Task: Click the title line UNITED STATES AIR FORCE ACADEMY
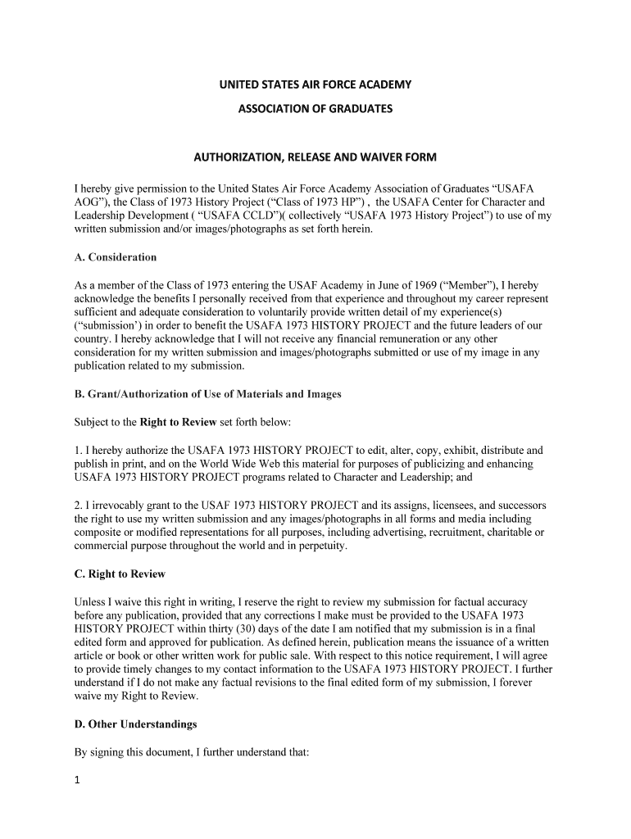(315, 84)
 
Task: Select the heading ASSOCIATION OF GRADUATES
(315, 108)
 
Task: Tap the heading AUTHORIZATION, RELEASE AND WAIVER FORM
(315, 156)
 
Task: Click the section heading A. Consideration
(115, 257)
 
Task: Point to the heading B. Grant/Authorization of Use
(207, 394)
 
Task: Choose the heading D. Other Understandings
(135, 725)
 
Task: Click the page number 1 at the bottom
(76, 781)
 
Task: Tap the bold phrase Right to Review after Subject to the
(178, 423)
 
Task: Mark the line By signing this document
(191, 752)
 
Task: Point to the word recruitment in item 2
(432, 533)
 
